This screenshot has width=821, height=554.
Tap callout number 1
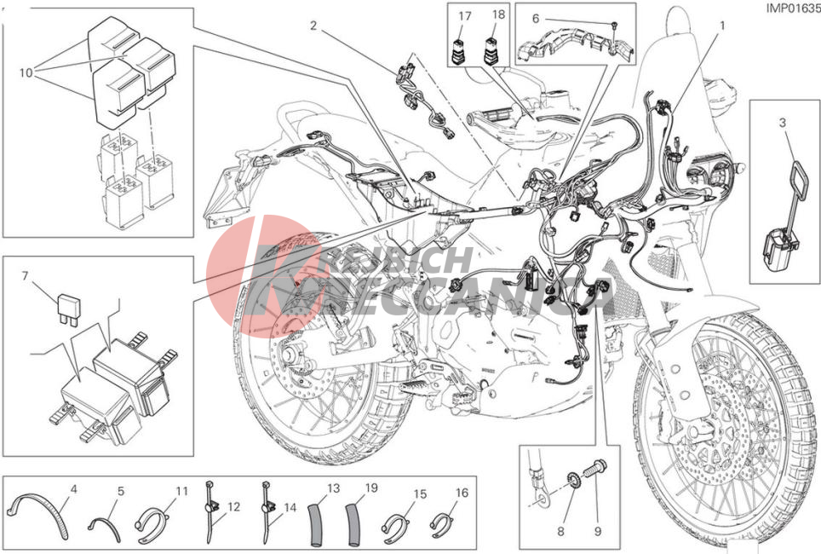tap(721, 26)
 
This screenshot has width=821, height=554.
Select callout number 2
tap(313, 26)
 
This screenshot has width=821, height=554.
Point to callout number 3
tap(782, 124)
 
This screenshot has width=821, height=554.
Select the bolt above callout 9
tap(596, 470)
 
